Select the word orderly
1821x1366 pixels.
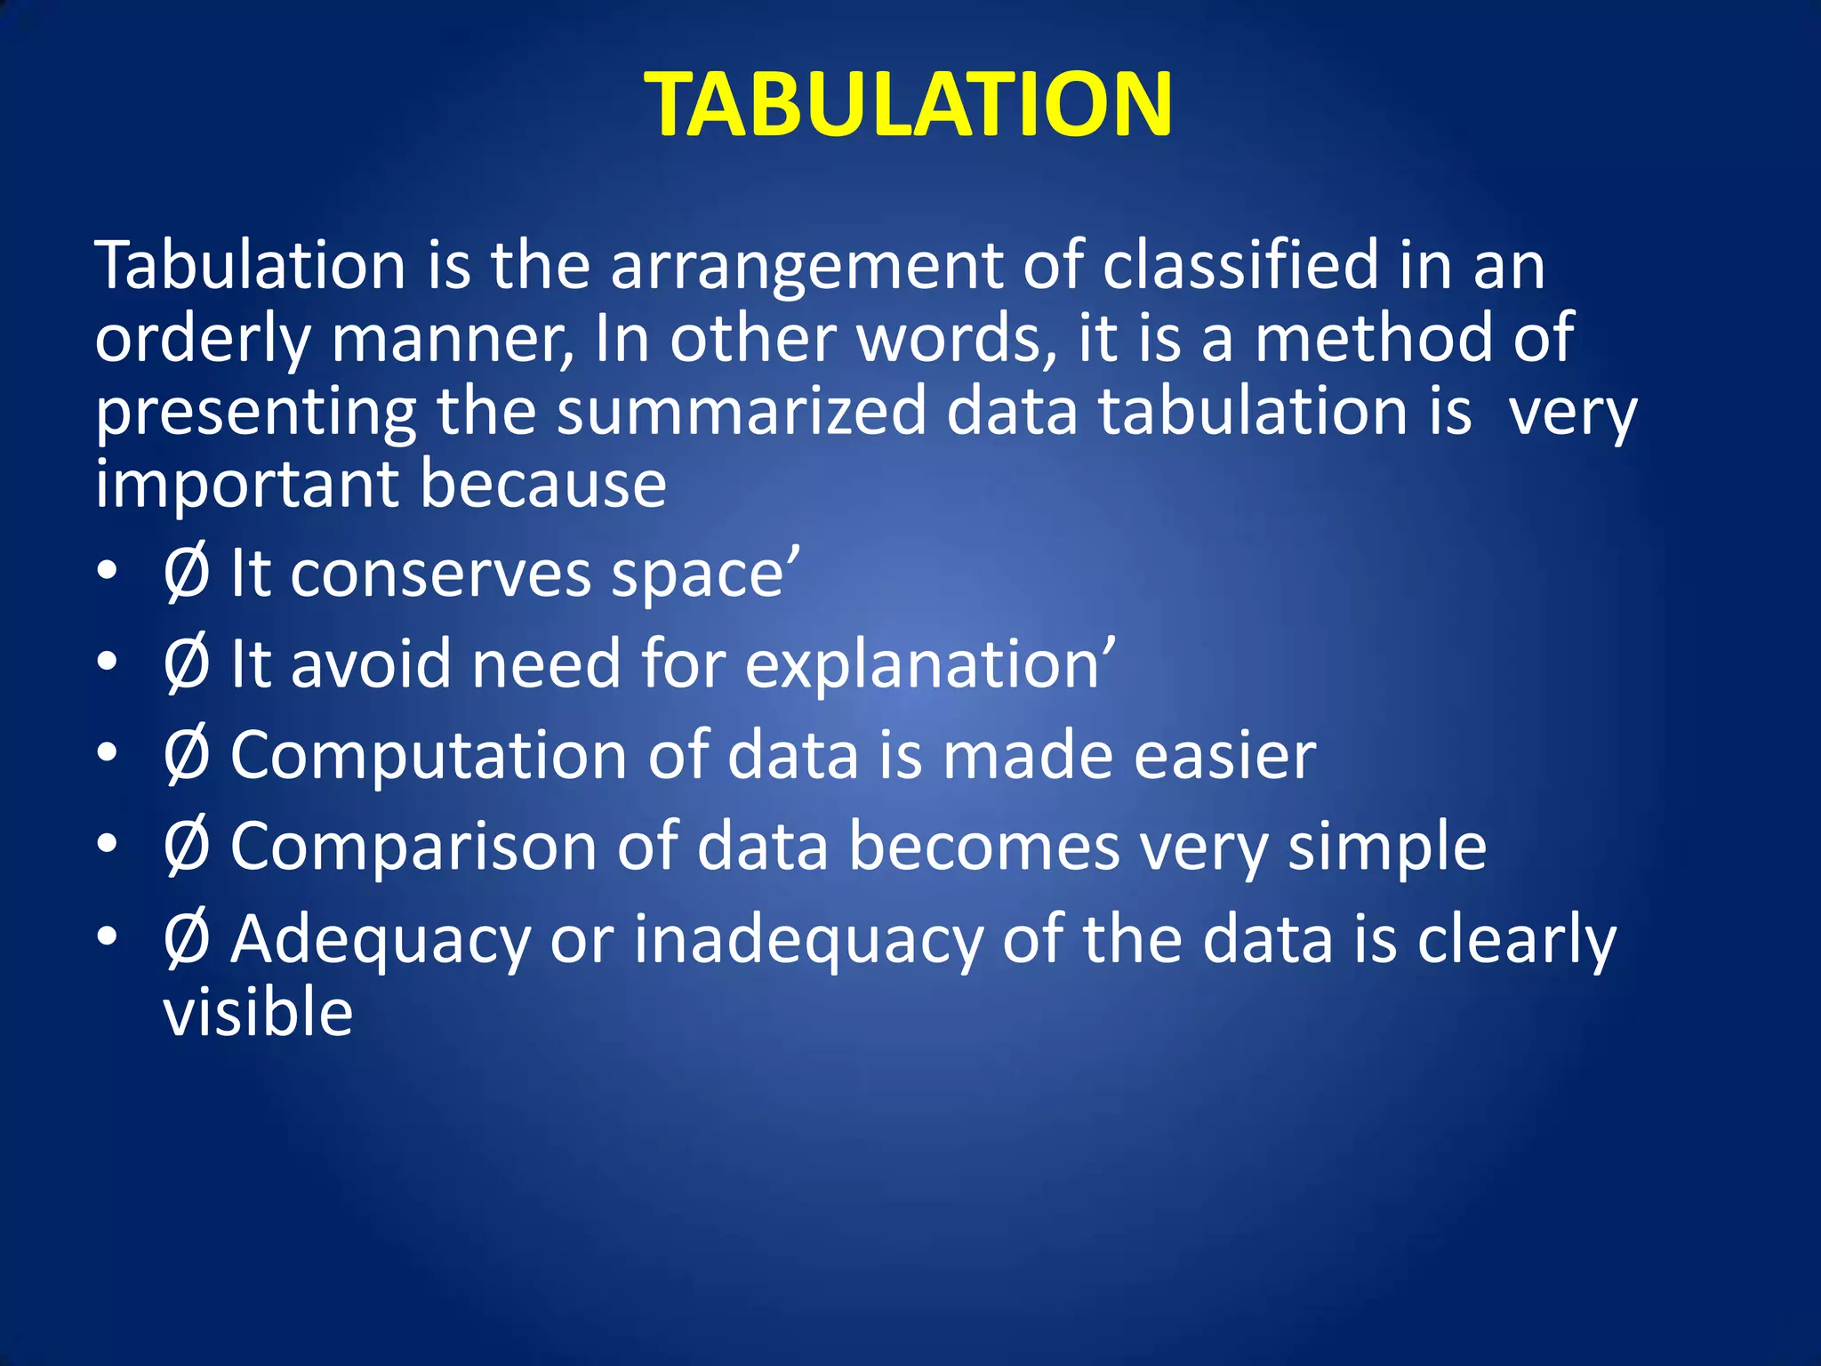pos(203,340)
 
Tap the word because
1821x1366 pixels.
pos(543,484)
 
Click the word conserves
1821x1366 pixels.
pos(440,575)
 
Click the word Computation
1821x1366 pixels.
pos(429,756)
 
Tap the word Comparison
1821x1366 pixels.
pos(413,847)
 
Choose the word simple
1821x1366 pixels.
pos(1387,848)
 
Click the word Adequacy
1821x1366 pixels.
pos(381,941)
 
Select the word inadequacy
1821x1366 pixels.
pos(807,941)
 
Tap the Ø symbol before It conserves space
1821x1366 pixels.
pos(187,575)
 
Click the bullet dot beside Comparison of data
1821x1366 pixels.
pos(107,845)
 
